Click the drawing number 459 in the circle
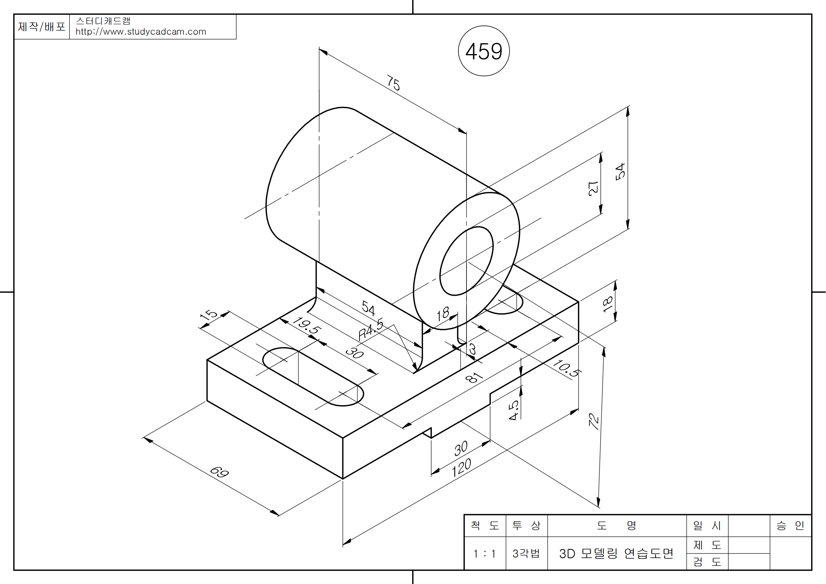pyautogui.click(x=483, y=51)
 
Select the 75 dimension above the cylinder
pyautogui.click(x=393, y=83)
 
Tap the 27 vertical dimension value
pyautogui.click(x=593, y=189)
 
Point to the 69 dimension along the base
pyautogui.click(x=219, y=472)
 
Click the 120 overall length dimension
pyautogui.click(x=461, y=467)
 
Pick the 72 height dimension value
pyautogui.click(x=594, y=421)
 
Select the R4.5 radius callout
pyautogui.click(x=371, y=329)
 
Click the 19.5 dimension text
pyautogui.click(x=307, y=325)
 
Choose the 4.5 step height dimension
pyautogui.click(x=513, y=410)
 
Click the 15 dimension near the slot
pyautogui.click(x=208, y=315)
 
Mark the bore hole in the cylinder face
pyautogui.click(x=466, y=261)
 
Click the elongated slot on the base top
pyautogui.click(x=313, y=376)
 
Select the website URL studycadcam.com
pyautogui.click(x=141, y=32)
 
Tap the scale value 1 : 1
pyautogui.click(x=484, y=553)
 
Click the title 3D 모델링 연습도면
pyautogui.click(x=616, y=553)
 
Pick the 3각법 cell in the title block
pyautogui.click(x=526, y=553)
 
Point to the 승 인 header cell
pyautogui.click(x=790, y=526)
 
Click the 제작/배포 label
pyautogui.click(x=41, y=26)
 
